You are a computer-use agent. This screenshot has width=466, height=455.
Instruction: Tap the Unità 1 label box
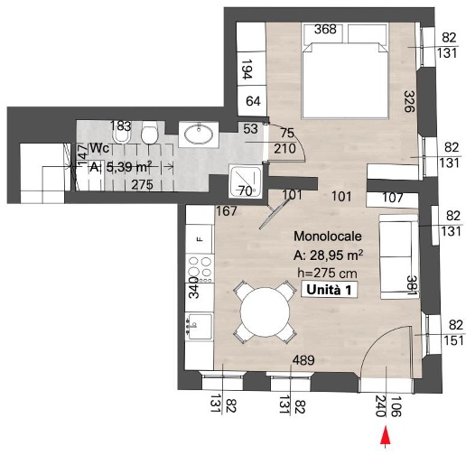click(x=329, y=290)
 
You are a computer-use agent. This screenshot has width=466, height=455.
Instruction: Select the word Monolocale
click(x=328, y=237)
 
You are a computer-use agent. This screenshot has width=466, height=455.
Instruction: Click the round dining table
click(x=265, y=312)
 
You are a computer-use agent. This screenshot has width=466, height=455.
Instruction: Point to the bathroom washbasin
click(x=199, y=135)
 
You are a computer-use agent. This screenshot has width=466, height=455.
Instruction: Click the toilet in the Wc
click(x=150, y=133)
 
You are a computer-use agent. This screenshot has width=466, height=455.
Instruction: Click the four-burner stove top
click(x=200, y=268)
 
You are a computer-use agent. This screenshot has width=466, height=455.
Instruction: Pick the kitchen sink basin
click(x=200, y=327)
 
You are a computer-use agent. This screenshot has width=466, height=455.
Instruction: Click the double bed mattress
click(x=345, y=79)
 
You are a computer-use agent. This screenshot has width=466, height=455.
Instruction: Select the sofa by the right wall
click(x=398, y=256)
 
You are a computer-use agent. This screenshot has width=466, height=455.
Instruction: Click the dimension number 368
click(x=325, y=29)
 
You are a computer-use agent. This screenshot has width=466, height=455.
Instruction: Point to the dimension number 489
click(x=303, y=360)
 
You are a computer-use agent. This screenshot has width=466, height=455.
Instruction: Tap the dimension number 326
click(x=409, y=101)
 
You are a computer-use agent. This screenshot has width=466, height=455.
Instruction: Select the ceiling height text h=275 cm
click(x=327, y=273)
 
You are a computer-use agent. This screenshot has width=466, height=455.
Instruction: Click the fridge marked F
click(x=200, y=239)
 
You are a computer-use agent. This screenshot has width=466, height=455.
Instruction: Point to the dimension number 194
click(x=247, y=69)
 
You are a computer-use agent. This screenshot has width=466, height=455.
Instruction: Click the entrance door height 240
click(x=380, y=406)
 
